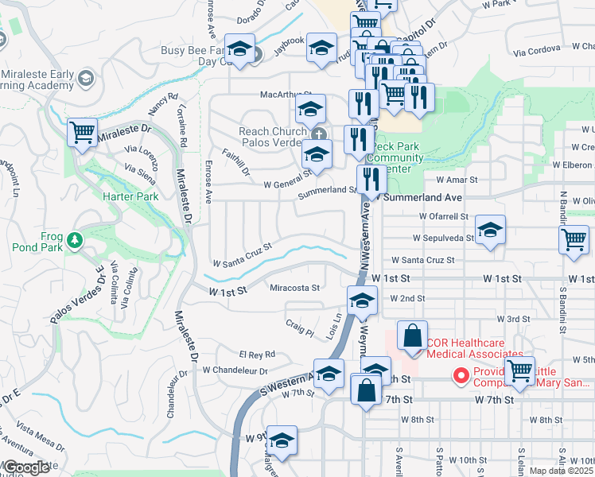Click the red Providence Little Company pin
click(459, 374)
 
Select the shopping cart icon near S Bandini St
click(573, 240)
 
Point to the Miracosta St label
click(294, 288)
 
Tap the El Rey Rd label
click(256, 354)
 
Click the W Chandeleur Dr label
click(235, 370)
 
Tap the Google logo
click(27, 467)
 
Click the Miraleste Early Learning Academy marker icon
click(86, 78)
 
